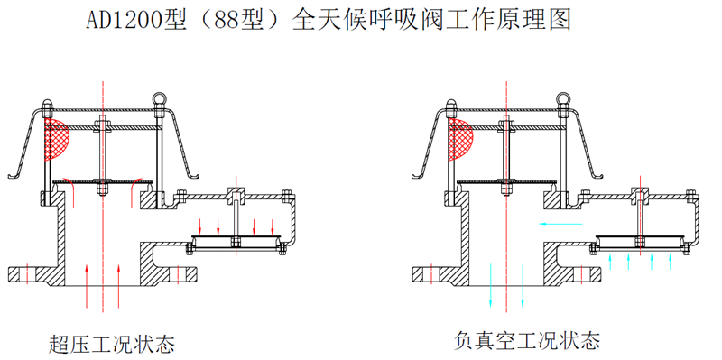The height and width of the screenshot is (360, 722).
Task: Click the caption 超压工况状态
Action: (112, 344)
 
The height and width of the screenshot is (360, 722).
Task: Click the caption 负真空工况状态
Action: (527, 340)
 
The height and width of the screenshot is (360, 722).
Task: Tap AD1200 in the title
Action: (125, 21)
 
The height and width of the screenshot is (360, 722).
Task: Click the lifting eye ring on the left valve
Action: (159, 98)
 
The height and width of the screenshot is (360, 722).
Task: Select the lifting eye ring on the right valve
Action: (562, 98)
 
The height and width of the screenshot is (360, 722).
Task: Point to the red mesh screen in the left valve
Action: (56, 139)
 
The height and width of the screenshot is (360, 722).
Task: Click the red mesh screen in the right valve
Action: (460, 139)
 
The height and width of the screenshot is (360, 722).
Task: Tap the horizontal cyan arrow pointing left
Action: (560, 224)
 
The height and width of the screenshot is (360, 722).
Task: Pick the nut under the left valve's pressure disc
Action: (103, 189)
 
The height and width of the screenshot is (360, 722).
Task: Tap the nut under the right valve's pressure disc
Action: (506, 189)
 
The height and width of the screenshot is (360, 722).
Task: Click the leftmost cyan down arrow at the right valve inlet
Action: (491, 285)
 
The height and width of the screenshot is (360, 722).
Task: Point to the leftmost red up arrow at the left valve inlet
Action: (87, 285)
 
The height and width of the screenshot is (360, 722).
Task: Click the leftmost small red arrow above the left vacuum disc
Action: (199, 226)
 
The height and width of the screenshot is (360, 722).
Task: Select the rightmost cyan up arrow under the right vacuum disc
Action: (670, 262)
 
